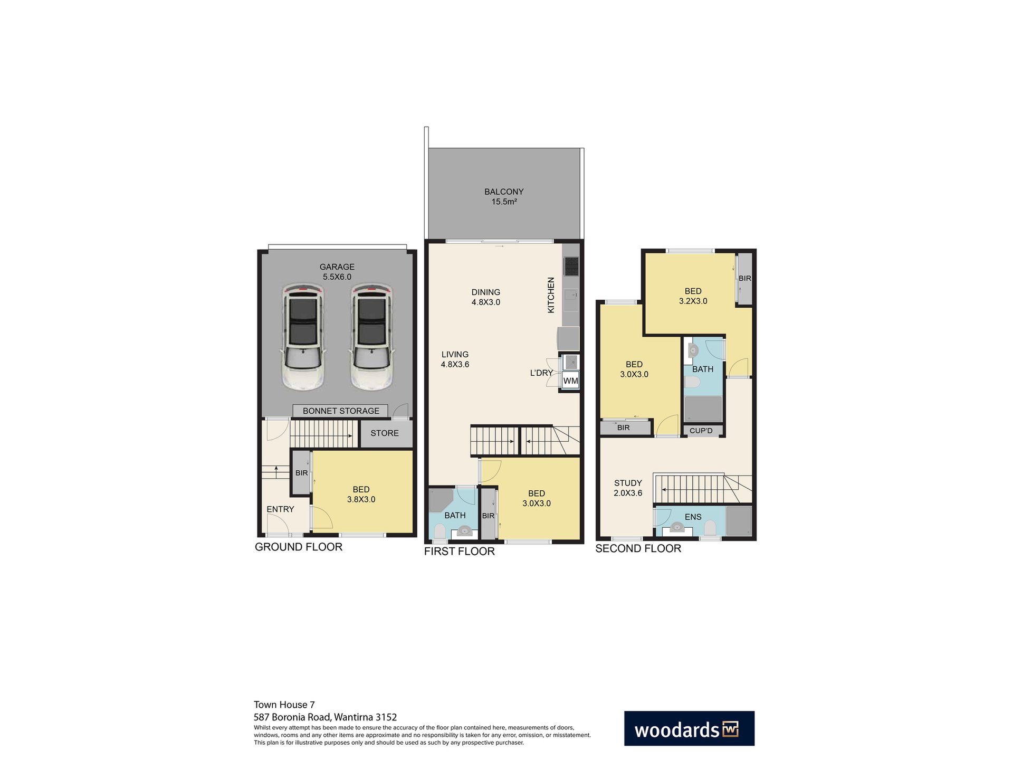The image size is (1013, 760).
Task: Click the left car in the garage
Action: coord(303,337)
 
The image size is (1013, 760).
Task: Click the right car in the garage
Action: coord(371,337)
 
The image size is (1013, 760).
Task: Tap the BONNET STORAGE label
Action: coord(341,411)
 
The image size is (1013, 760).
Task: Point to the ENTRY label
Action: coord(280,509)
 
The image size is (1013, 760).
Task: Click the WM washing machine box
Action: coord(570,381)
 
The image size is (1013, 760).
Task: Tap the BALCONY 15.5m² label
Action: coord(504,196)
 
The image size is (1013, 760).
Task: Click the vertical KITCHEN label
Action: coord(551,295)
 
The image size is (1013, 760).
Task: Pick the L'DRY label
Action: coord(541,373)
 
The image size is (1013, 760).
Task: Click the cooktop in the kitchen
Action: coord(571,266)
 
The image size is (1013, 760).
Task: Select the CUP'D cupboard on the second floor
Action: coord(701,431)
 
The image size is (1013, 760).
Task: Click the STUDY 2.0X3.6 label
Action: coord(628,488)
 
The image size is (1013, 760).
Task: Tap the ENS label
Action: coord(693,517)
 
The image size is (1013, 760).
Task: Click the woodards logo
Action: coord(689,728)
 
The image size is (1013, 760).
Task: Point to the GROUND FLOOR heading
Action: coord(299,547)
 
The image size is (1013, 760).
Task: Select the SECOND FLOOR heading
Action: coord(638,548)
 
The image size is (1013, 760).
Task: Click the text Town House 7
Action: coord(284,705)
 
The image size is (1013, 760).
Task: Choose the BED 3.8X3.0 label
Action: coord(361,495)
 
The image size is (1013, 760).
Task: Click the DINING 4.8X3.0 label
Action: coord(485,297)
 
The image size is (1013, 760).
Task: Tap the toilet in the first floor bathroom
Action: coord(439,530)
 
